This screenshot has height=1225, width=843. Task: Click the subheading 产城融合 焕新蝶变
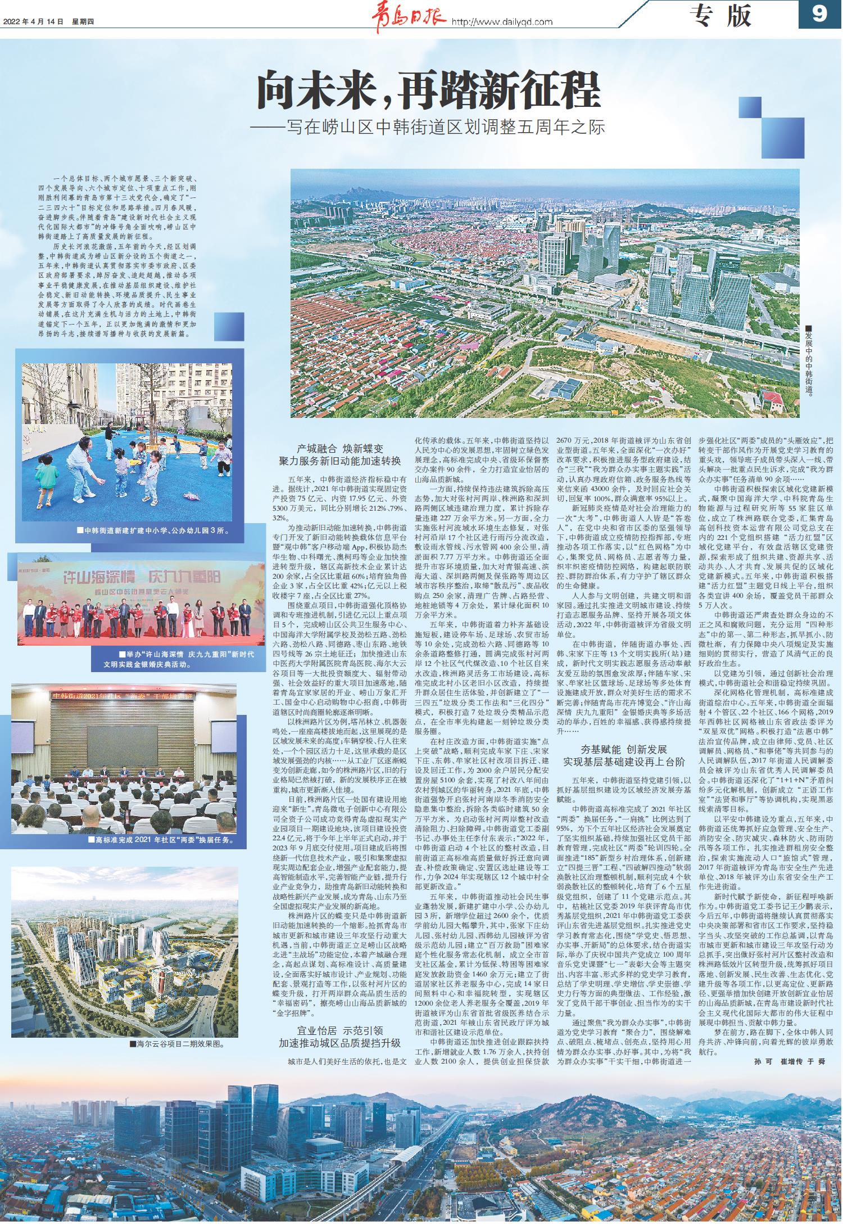pyautogui.click(x=340, y=449)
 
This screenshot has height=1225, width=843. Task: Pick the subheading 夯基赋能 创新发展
pyautogui.click(x=624, y=750)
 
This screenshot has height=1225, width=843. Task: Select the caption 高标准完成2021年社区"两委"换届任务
pyautogui.click(x=160, y=840)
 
